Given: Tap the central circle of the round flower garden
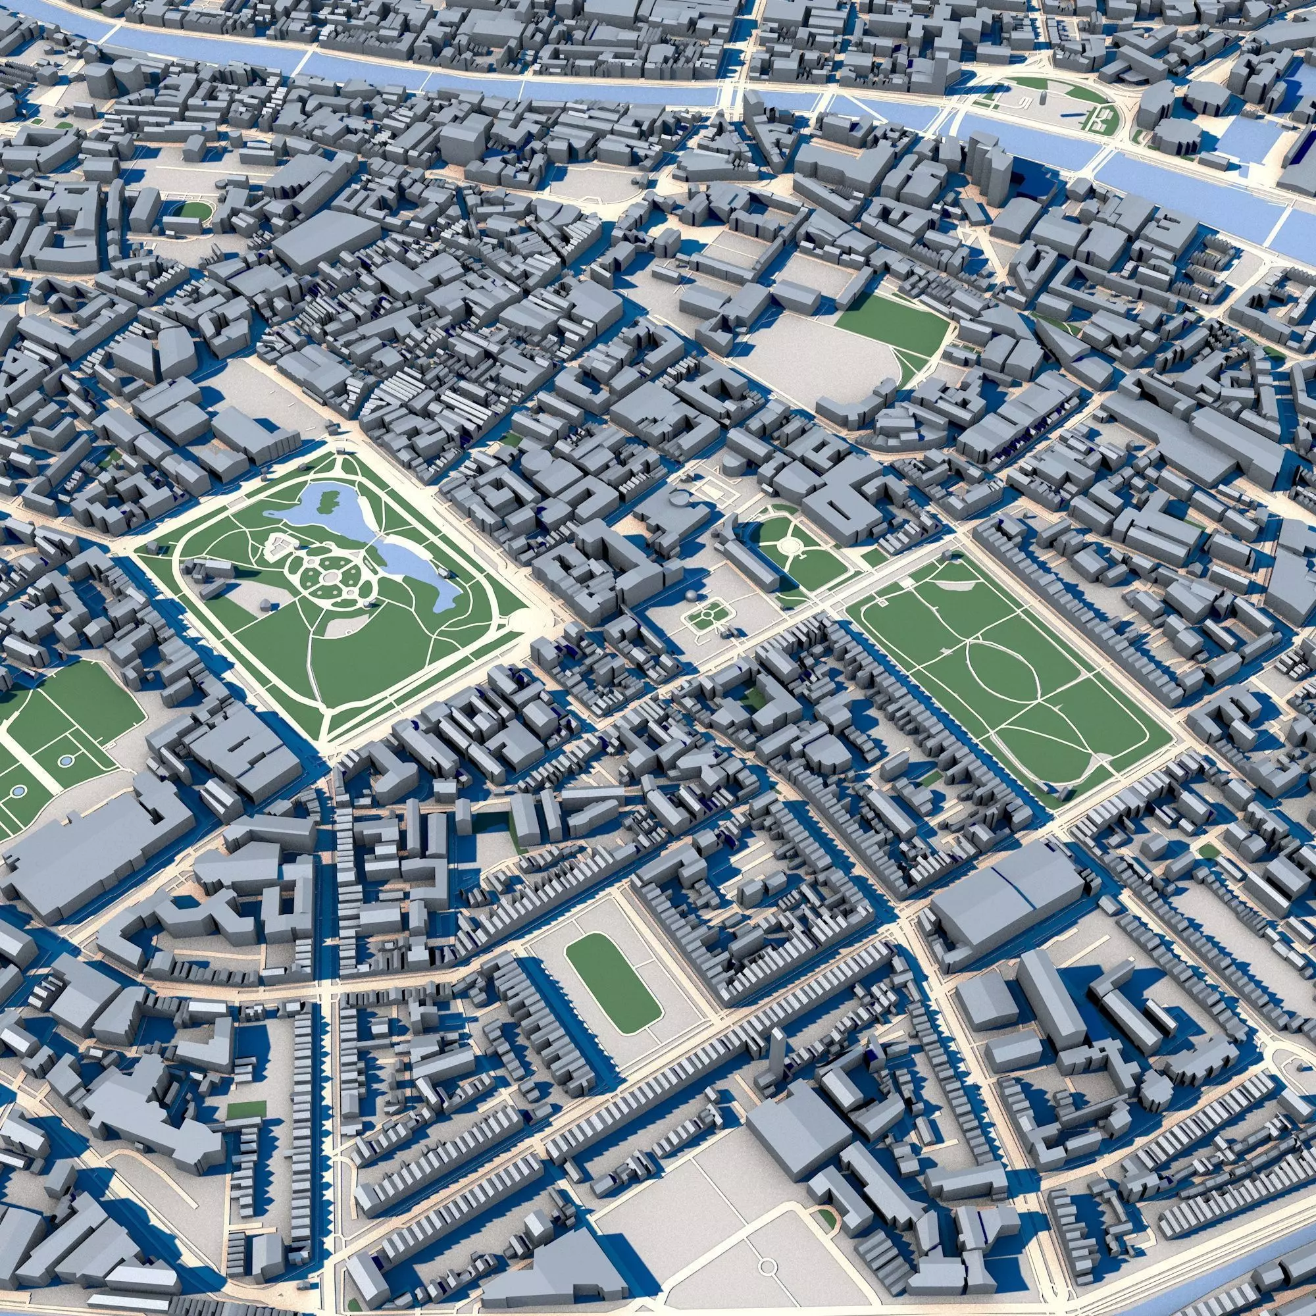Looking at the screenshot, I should (330, 577).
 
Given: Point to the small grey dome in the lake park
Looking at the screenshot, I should (264, 604).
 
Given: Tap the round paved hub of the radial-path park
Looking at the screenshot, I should (790, 544).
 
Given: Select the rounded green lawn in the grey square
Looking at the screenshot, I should (613, 982).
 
